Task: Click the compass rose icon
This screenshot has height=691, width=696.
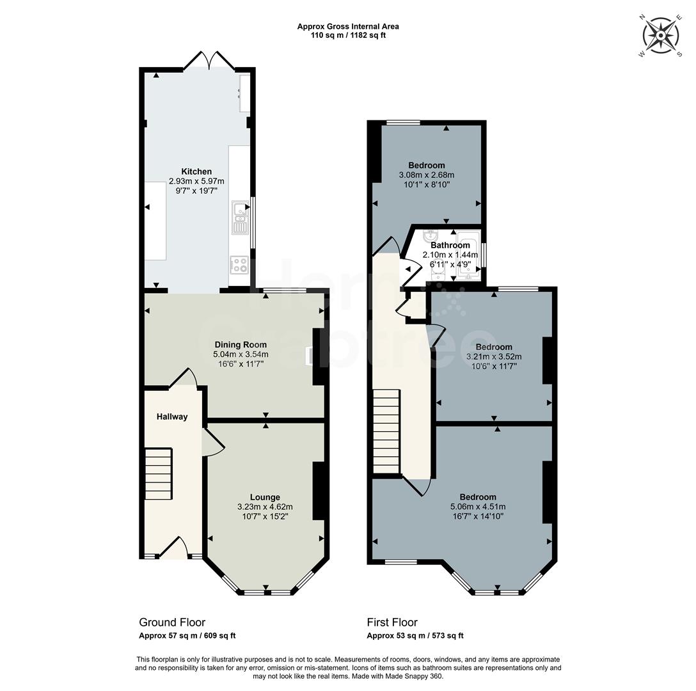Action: pos(661,36)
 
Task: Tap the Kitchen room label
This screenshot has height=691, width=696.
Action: pos(196,171)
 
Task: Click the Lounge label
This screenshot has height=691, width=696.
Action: pos(265,497)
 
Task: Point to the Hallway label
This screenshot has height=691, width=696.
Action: pos(173,417)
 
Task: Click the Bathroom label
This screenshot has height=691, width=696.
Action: pos(450,245)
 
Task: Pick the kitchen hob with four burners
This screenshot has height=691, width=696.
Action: pos(239,264)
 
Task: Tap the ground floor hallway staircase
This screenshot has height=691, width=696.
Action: pos(158,474)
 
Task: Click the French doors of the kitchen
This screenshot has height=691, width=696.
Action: pos(209,61)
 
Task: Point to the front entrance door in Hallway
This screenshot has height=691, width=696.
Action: pos(173,548)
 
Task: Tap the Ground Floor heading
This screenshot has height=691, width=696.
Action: pos(172,622)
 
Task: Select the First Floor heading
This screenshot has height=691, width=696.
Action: pos(392,622)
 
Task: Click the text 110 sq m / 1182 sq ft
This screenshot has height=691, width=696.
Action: pos(348,35)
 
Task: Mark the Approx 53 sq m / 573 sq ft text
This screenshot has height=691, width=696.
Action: pos(415,636)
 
